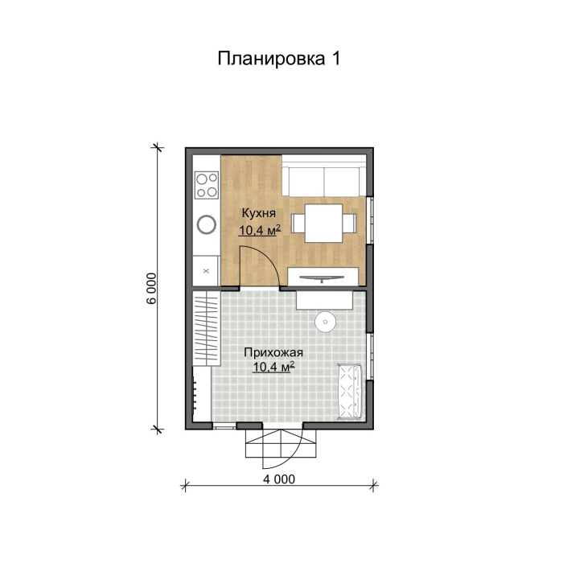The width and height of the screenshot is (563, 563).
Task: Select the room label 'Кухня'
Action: coord(259,214)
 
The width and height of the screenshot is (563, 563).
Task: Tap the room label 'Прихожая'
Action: coord(273,352)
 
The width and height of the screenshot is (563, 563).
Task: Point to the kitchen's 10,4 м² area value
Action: coord(259,231)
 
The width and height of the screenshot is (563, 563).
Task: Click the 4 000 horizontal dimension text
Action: coord(279,480)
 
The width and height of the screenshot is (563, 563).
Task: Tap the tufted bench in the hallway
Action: coord(350,391)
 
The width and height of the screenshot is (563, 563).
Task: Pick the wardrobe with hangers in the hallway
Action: coord(206,330)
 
